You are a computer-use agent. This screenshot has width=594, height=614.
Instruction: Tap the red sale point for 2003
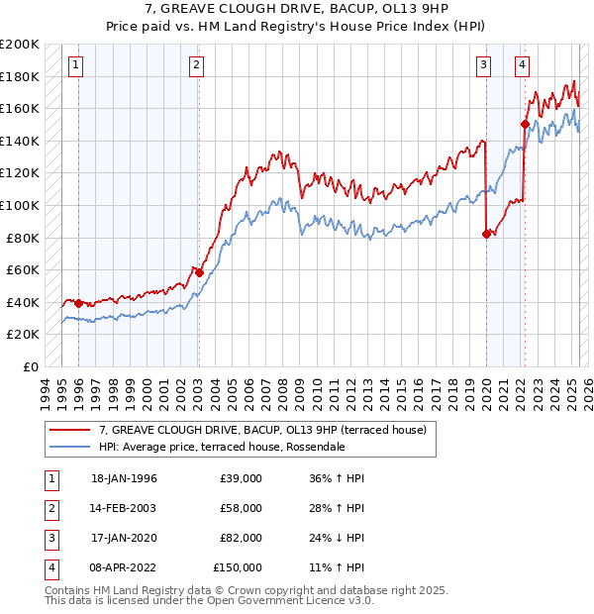[x=199, y=272]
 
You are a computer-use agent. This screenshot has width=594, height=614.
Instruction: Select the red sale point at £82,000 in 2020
[x=486, y=235]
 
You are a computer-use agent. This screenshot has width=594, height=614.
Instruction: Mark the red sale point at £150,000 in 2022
[x=525, y=124]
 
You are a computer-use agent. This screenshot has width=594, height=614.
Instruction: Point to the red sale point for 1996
[x=78, y=303]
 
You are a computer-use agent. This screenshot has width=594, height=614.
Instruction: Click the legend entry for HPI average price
[x=221, y=447]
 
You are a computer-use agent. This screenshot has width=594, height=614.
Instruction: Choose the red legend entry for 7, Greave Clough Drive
[x=262, y=430]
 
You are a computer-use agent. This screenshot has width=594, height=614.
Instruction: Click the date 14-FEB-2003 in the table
[x=124, y=508]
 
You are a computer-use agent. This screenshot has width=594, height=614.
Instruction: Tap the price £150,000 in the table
[x=238, y=567]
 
